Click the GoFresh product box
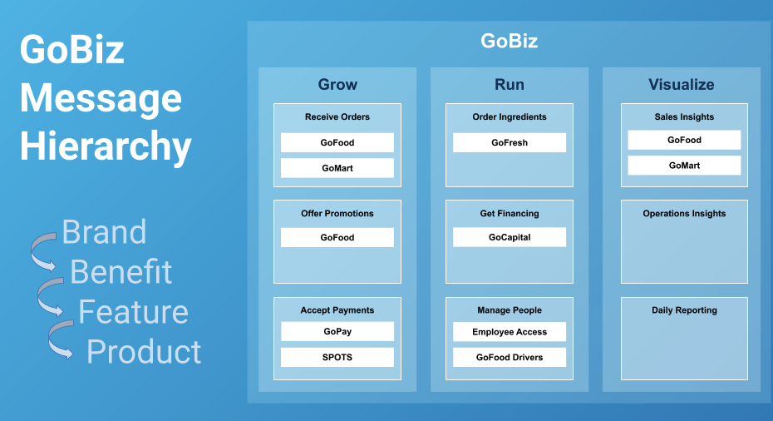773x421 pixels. (x=510, y=142)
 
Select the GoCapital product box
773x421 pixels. (x=510, y=237)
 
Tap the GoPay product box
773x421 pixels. (x=337, y=332)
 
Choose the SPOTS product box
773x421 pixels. (x=337, y=357)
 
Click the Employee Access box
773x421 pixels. (x=510, y=332)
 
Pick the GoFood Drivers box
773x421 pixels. (x=510, y=357)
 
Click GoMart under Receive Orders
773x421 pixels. (x=337, y=168)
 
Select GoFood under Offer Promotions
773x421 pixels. (x=337, y=237)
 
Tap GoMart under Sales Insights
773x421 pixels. (x=684, y=166)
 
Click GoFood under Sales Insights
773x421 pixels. (x=684, y=140)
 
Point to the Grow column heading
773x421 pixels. (x=337, y=84)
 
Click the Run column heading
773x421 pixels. (x=510, y=84)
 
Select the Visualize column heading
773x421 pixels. (x=682, y=84)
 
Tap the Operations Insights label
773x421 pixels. (x=684, y=214)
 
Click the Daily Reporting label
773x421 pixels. (x=684, y=310)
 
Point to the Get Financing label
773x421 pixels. (x=510, y=214)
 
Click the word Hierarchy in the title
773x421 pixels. (x=106, y=147)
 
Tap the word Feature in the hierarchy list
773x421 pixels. (x=133, y=312)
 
